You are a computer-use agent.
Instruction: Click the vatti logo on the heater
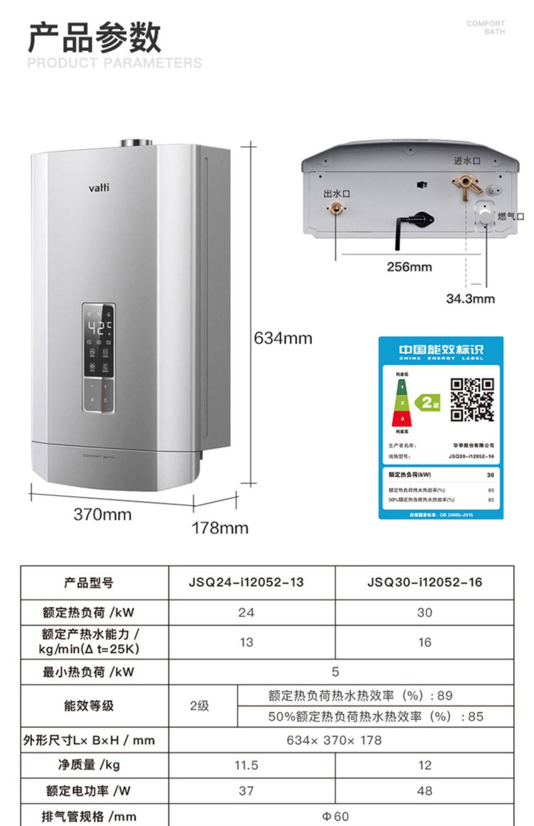point(99,187)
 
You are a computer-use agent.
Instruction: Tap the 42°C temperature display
point(99,328)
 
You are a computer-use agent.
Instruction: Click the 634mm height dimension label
point(283,338)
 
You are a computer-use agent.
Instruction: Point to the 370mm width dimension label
point(103,514)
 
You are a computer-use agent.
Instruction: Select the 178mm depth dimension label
point(220,528)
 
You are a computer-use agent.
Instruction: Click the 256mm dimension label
point(409,267)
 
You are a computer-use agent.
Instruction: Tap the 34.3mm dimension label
point(470,298)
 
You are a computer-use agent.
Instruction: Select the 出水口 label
point(337,194)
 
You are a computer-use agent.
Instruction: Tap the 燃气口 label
point(511,216)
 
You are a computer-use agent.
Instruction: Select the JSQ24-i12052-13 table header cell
point(246,582)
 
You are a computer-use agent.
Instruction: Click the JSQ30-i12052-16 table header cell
point(424,582)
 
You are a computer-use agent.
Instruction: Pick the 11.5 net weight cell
point(246,765)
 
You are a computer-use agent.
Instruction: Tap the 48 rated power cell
point(424,791)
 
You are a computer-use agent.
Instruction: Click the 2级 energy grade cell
point(199,706)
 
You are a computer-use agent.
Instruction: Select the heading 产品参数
point(94,37)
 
